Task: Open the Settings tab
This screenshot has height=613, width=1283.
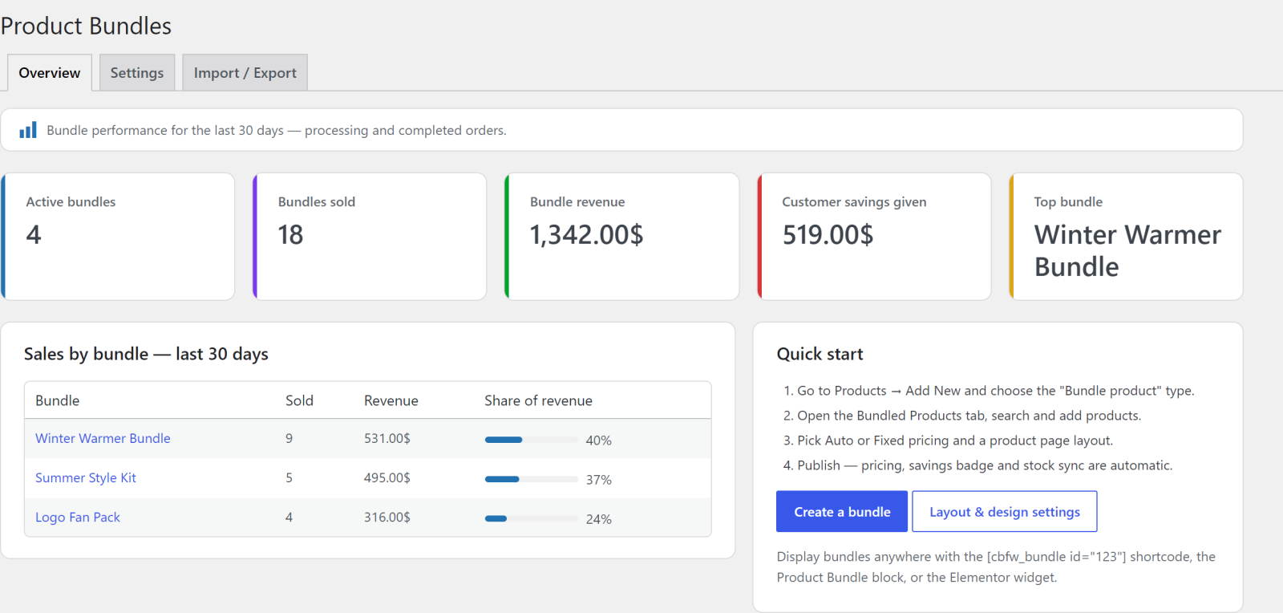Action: [x=137, y=73]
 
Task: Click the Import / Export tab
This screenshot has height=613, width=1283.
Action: [x=245, y=73]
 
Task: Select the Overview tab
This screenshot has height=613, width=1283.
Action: [x=49, y=73]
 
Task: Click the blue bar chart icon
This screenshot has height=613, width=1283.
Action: [x=28, y=130]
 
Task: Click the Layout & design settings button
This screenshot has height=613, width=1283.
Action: [x=1005, y=511]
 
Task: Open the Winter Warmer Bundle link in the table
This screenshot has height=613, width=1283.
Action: [x=103, y=438]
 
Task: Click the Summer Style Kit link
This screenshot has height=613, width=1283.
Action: [x=86, y=477]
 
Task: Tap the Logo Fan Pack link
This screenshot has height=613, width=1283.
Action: [x=78, y=518]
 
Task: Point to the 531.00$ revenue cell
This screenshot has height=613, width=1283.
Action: [x=387, y=438]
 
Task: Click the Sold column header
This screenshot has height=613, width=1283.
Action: [x=300, y=400]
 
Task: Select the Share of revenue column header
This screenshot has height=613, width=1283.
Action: [x=538, y=400]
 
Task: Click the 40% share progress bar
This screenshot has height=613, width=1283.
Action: [x=532, y=440]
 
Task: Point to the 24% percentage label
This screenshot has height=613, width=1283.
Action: [x=598, y=519]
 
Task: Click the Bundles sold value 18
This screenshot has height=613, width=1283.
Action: [x=290, y=235]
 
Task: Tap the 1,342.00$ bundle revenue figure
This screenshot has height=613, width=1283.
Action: [x=586, y=235]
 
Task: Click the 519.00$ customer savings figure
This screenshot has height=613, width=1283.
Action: [x=828, y=235]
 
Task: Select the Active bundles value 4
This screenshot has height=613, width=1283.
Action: [x=34, y=235]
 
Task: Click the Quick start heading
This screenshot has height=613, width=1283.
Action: [x=820, y=354]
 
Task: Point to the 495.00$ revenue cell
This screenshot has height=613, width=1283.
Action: [x=387, y=477]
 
